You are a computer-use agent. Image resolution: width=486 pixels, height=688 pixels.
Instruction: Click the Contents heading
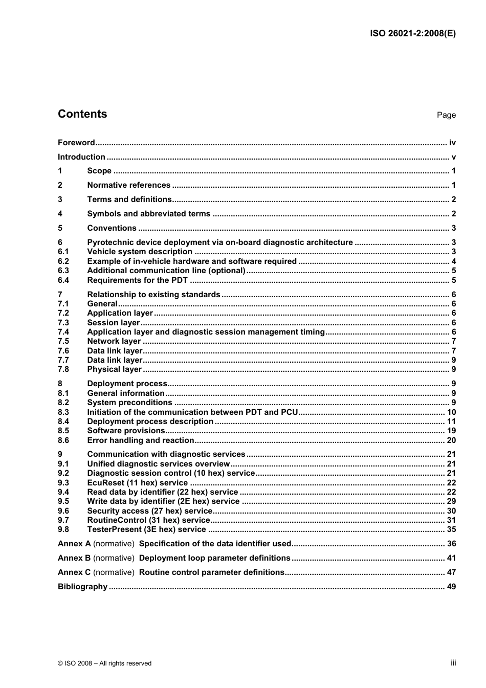coord(82,114)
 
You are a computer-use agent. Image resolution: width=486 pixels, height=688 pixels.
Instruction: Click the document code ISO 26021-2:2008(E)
coord(412,34)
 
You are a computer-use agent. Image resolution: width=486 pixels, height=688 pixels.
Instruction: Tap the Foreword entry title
coord(76,143)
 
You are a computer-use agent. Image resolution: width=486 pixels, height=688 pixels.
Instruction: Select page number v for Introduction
coord(453,157)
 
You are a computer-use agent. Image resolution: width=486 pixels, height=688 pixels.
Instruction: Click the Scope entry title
coord(99,171)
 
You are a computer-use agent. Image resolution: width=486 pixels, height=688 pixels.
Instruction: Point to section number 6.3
coord(63,271)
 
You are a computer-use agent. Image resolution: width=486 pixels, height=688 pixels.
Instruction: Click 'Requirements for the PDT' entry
coord(137,280)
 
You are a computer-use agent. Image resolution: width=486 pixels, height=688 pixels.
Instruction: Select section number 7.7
coord(63,360)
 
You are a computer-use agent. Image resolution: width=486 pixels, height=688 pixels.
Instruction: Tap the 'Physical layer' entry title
coord(114,369)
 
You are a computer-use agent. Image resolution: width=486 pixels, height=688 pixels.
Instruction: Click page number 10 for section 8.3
coord(451,412)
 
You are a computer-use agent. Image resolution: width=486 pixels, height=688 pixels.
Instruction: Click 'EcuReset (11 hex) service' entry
coord(137,483)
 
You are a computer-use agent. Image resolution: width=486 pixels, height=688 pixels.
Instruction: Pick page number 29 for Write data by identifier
coord(451,501)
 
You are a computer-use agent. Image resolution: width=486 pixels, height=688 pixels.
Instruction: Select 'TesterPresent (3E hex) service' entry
coord(146,529)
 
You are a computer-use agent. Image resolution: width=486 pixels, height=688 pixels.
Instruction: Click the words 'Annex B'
coord(74,558)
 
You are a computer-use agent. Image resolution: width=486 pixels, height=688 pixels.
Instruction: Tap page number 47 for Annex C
coord(451,572)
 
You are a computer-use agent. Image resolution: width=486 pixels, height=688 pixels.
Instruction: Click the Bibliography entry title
coord(82,587)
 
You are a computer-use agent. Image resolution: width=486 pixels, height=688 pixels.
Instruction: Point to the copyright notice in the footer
coord(104,663)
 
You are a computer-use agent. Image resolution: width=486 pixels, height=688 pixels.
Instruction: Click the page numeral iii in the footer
coord(453,663)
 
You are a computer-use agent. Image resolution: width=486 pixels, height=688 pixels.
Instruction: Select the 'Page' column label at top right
coord(446,115)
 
